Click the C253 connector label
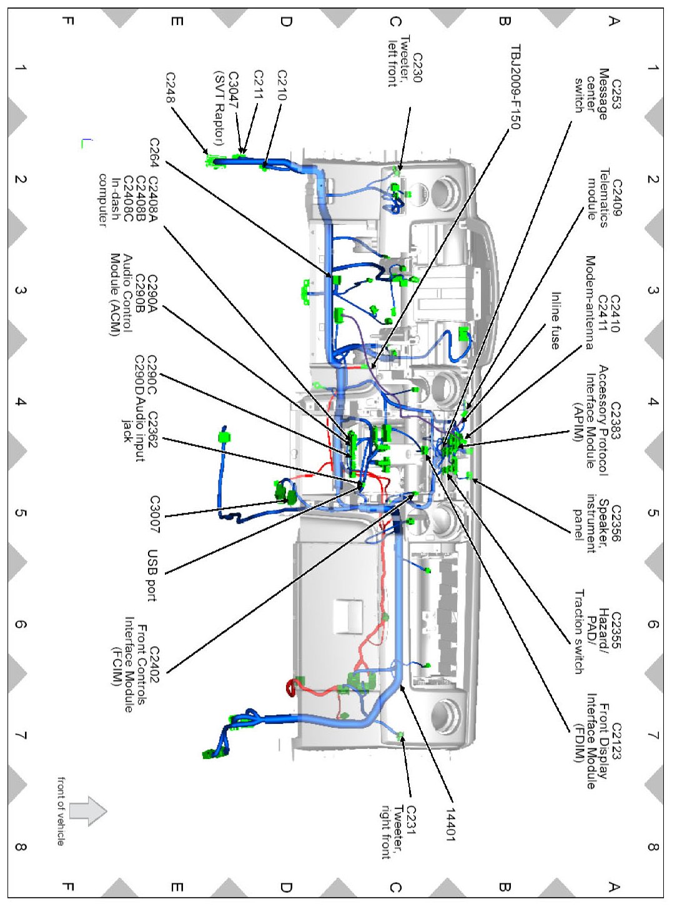616,94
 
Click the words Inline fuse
555,320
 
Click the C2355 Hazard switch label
616,630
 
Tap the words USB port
152,576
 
